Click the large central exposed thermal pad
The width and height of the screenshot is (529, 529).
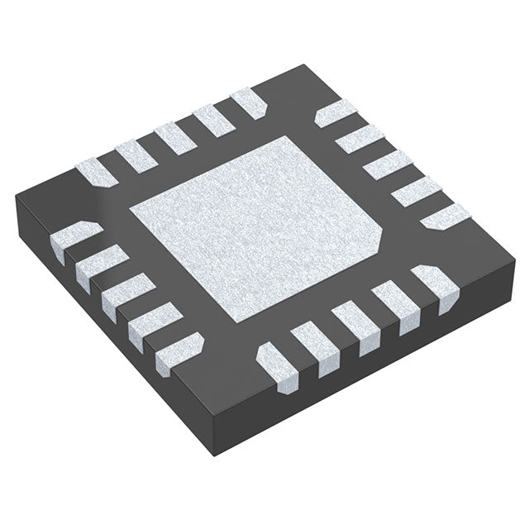coord(256,231)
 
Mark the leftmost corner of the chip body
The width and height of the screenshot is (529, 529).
coord(16,195)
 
